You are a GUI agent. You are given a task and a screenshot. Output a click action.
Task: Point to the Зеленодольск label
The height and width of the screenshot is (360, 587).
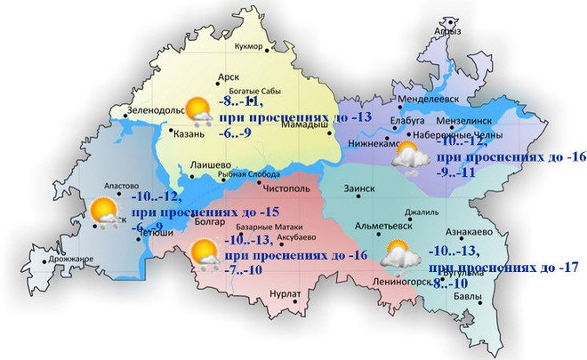(156, 111)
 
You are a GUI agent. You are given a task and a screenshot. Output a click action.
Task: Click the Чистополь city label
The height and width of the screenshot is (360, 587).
(285, 188)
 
